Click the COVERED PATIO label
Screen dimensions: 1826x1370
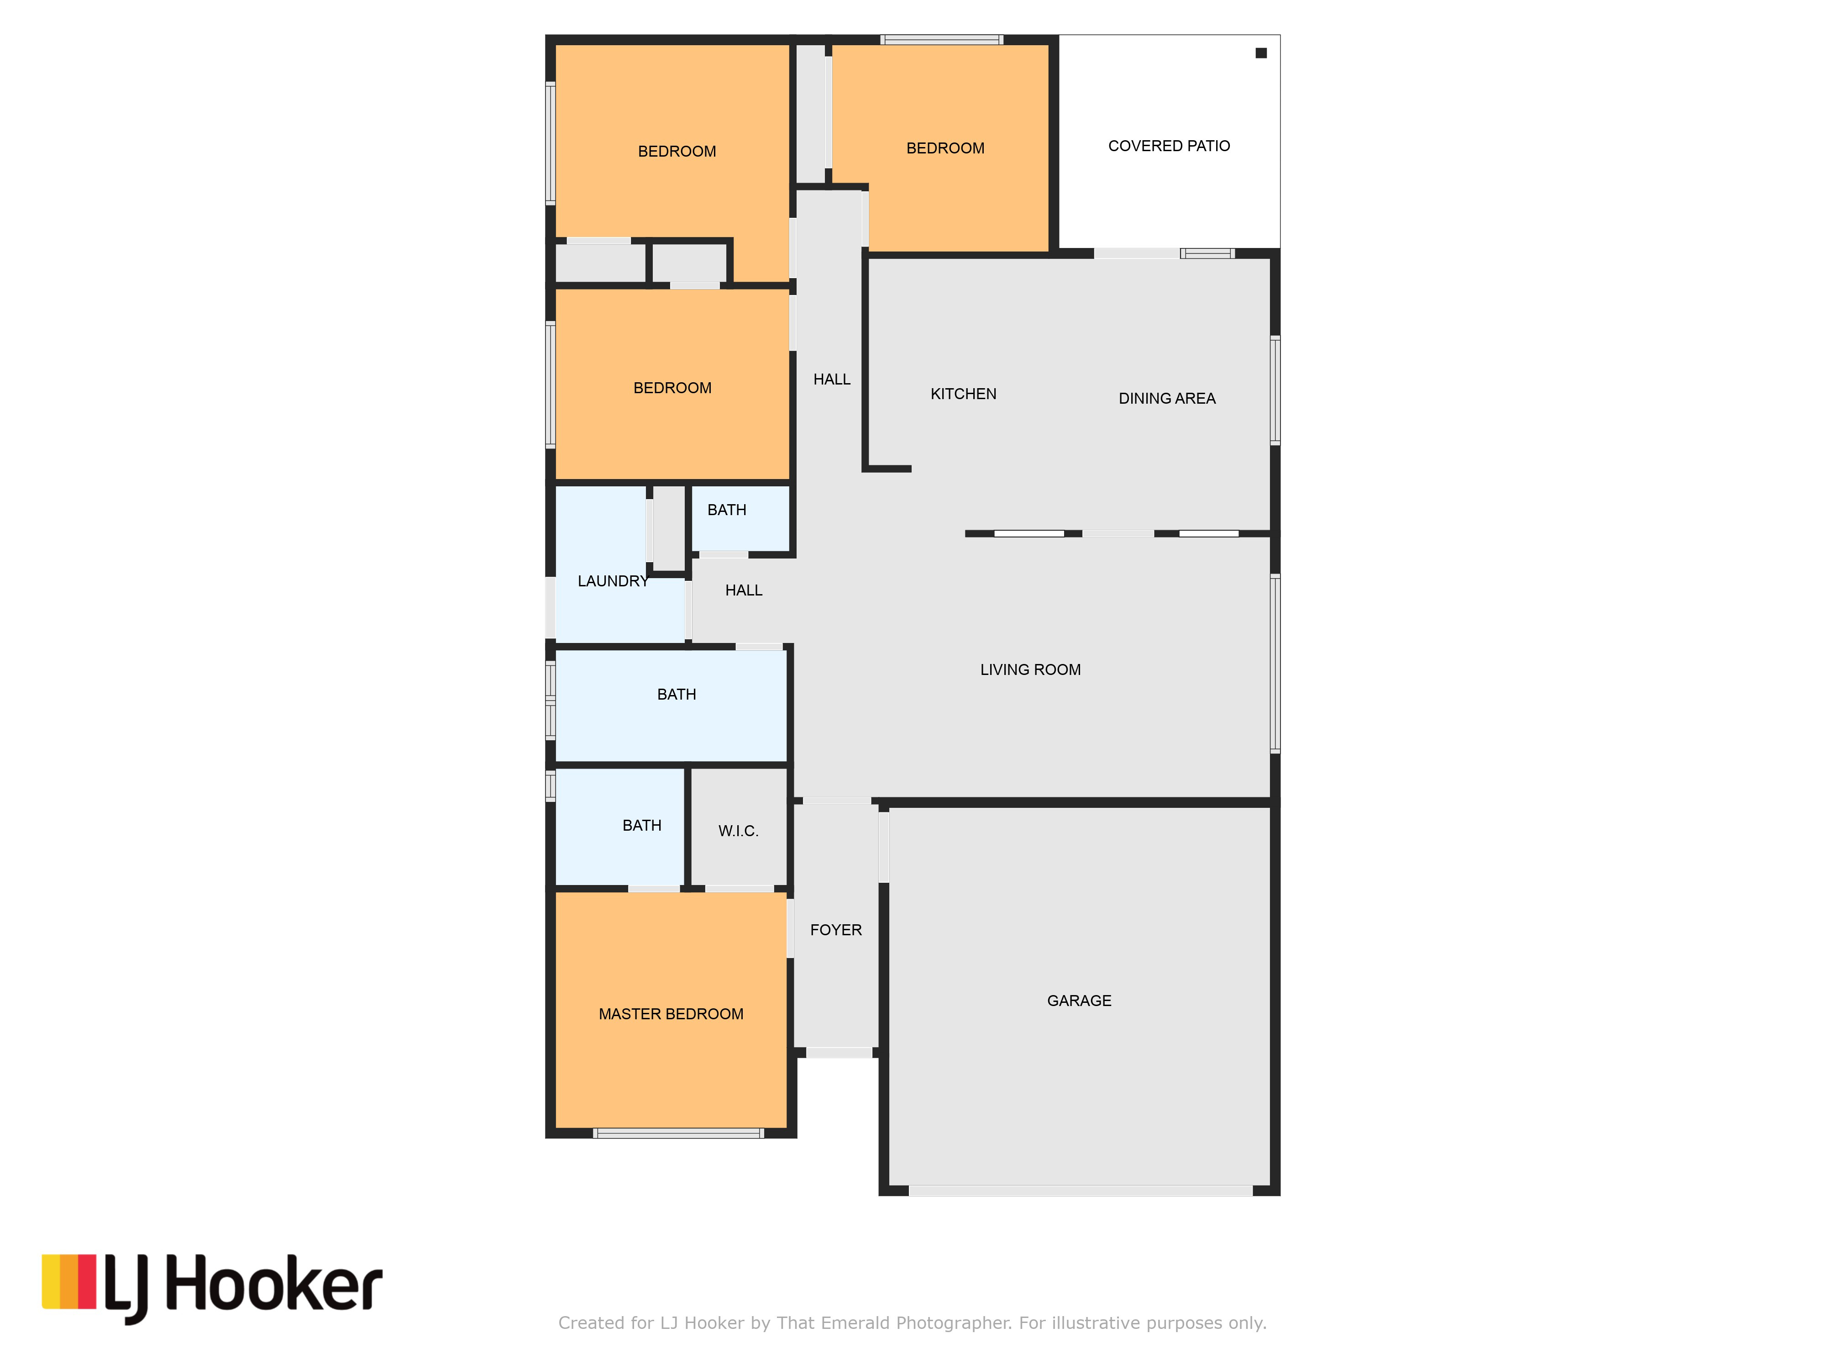click(1169, 146)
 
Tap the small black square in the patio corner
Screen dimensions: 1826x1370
click(1260, 53)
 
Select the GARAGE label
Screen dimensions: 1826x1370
click(1079, 1001)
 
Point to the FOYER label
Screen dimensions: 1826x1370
click(835, 930)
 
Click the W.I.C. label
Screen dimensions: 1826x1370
click(738, 831)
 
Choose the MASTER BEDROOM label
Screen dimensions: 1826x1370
click(671, 1014)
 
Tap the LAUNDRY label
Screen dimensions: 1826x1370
click(613, 581)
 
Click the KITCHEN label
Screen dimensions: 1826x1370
click(963, 394)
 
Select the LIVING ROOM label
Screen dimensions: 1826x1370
click(1030, 670)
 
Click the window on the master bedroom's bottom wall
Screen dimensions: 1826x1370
click(678, 1133)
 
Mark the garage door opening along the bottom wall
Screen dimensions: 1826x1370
click(1081, 1191)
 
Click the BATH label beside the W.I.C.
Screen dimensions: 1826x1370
click(641, 826)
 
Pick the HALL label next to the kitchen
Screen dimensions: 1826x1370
click(831, 379)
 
